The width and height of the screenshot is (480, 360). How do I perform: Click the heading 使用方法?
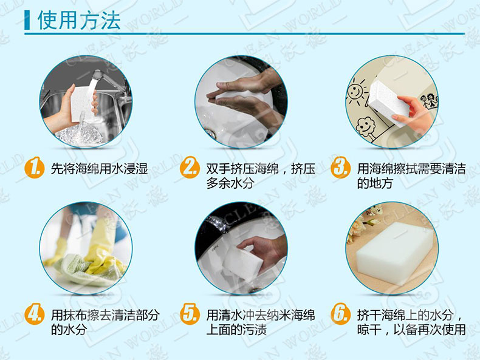79,20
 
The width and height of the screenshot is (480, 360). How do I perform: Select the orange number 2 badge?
190,168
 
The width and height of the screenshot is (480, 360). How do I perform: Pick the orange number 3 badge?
340,168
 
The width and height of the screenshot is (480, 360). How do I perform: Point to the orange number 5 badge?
190,315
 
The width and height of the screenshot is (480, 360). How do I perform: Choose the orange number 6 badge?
340,315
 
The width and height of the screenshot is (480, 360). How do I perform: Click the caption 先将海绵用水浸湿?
100,169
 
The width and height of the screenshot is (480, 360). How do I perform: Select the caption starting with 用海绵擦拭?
411,175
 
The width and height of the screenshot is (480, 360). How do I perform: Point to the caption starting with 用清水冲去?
260,322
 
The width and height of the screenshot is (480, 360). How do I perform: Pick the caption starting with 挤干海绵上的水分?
411,322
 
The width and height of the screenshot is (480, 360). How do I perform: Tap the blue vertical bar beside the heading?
27,20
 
